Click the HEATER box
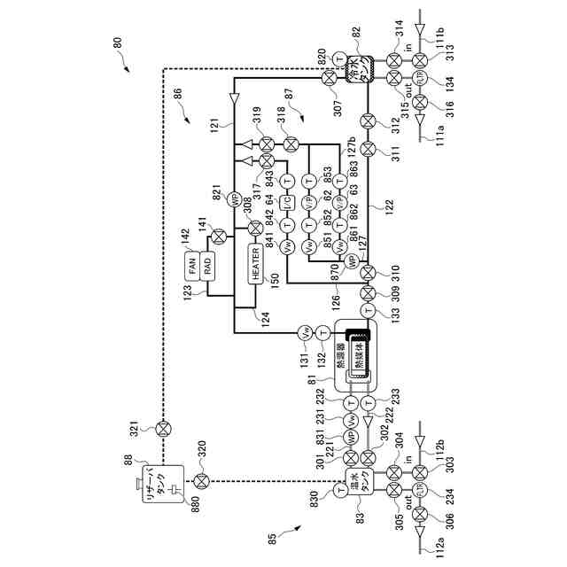(256, 264)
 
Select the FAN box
(192, 265)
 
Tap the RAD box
(208, 265)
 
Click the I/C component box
(286, 203)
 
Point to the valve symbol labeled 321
(163, 430)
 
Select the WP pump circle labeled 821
(235, 198)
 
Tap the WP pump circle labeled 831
(352, 438)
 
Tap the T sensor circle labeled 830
(339, 488)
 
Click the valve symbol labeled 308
(256, 228)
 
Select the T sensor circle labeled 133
(369, 311)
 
